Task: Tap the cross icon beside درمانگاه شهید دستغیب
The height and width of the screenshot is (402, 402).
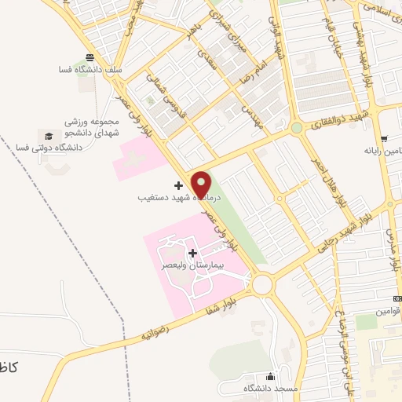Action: coord(179,185)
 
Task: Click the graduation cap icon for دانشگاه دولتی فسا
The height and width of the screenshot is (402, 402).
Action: coord(48,136)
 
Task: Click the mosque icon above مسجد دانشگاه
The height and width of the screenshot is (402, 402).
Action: coord(272,375)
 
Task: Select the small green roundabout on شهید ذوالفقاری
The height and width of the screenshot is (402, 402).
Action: coord(296,127)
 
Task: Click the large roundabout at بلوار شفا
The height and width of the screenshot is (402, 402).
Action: coord(261,283)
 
